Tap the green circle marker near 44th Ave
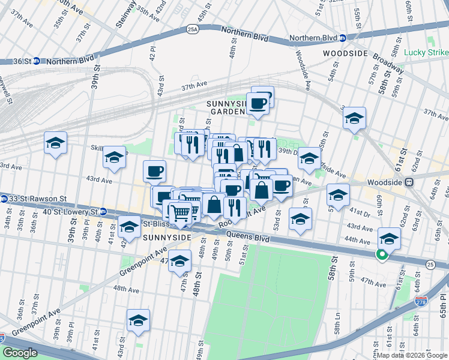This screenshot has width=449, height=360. [x=381, y=255]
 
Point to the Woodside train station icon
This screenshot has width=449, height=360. [x=409, y=182]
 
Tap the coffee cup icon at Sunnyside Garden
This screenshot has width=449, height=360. [x=258, y=104]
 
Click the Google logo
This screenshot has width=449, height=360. [x=20, y=353]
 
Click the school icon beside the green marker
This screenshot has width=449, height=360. [x=390, y=239]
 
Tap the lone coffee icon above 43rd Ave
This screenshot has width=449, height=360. [x=154, y=172]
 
